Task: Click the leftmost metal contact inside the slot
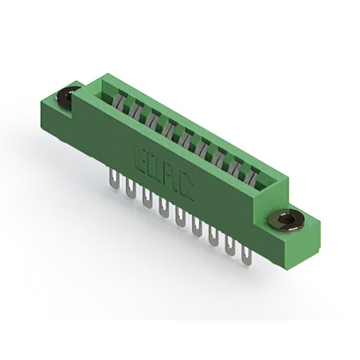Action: coord(120,101)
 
